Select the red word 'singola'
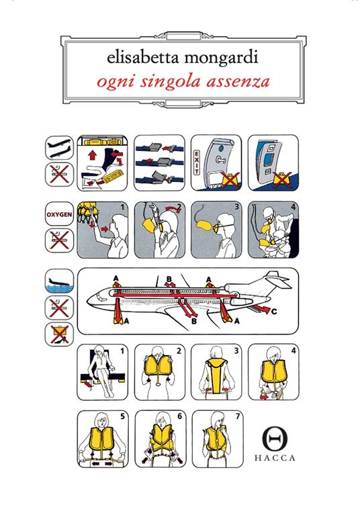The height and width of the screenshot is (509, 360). (178, 84)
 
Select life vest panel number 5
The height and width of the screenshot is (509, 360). (104, 439)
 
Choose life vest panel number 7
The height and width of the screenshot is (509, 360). (218, 439)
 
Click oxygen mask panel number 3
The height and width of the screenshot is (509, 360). (216, 230)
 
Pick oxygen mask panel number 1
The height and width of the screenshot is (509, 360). (103, 230)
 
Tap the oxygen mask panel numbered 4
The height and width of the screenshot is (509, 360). (273, 230)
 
